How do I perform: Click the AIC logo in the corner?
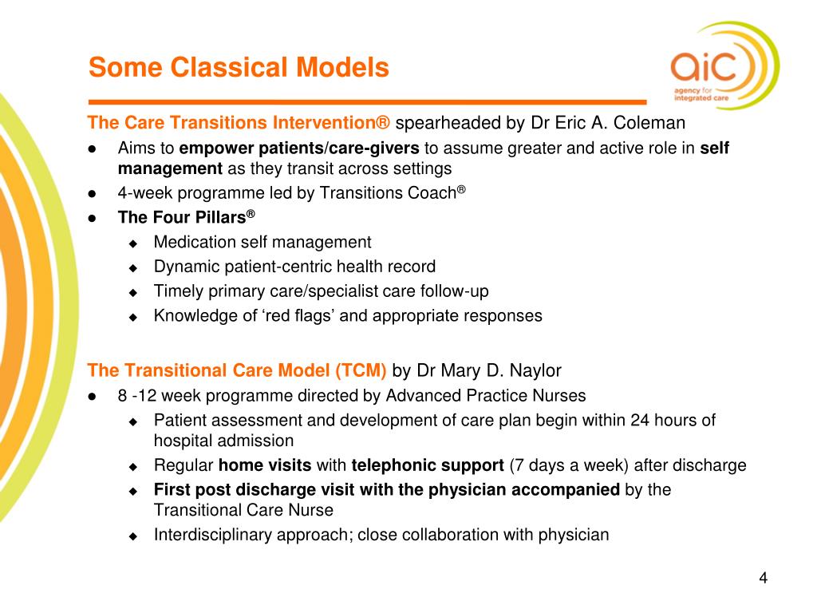point(724,65)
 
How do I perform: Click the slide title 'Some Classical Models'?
point(239,67)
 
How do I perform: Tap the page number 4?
point(763,578)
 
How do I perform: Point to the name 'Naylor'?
point(535,370)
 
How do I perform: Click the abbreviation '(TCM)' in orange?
point(361,370)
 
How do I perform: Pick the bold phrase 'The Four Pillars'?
point(182,217)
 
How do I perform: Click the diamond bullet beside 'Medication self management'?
point(133,243)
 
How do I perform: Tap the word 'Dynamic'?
point(185,267)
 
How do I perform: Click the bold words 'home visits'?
point(265,465)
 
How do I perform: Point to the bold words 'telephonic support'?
point(428,465)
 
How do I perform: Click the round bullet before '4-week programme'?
point(93,194)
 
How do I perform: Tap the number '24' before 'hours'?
point(640,420)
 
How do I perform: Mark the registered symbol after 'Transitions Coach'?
point(461,189)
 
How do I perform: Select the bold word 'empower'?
point(216,148)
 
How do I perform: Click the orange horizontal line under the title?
point(367,102)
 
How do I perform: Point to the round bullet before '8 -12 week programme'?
point(93,397)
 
